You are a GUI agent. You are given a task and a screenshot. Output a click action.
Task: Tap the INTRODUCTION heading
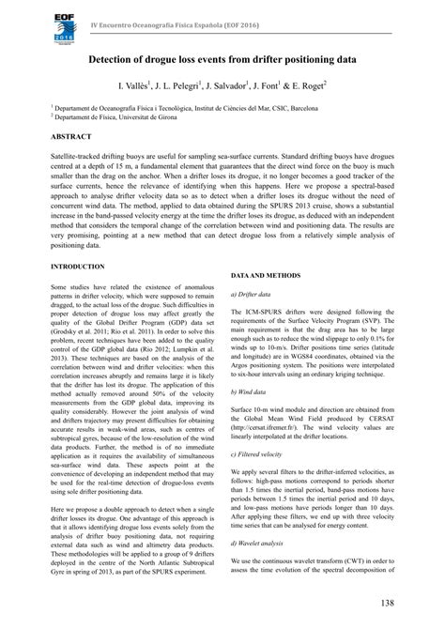(x=78, y=268)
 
